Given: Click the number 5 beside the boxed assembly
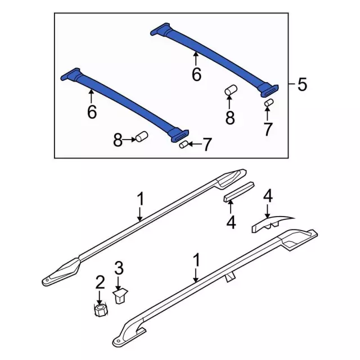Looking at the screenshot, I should tap(302, 85).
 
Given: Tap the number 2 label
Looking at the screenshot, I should tap(100, 281).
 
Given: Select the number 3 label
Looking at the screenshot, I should tap(119, 267).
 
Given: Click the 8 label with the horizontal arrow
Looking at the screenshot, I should tap(117, 141).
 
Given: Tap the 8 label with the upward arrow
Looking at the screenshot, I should tap(229, 118).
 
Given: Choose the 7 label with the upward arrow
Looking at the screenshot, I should tap(267, 129).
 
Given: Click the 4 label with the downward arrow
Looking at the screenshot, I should tap(268, 196).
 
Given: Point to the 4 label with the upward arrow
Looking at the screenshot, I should tap(231, 222).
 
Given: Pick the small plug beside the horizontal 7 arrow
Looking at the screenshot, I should tap(182, 146).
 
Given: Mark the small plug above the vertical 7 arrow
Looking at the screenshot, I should tap(268, 103).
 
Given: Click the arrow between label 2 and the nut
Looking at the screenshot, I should tap(100, 296).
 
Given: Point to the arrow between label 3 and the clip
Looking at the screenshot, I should tap(119, 281).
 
